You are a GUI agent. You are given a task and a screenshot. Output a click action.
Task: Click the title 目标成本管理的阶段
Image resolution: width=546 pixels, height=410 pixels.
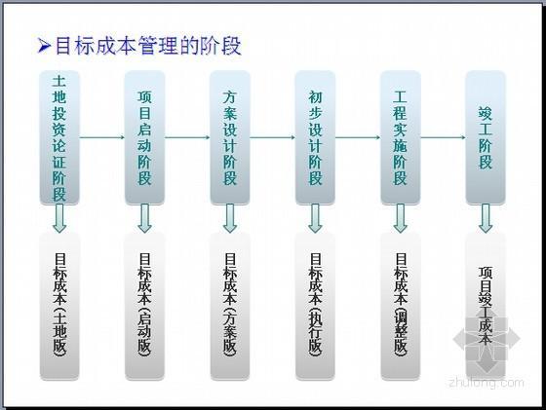tap(148, 46)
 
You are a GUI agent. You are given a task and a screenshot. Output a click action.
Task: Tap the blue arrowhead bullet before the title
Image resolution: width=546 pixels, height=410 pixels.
tap(44, 46)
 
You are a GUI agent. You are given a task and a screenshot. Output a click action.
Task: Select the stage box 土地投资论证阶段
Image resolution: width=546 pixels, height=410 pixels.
tap(59, 137)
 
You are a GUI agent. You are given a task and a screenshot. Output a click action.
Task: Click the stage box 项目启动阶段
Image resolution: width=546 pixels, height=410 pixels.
tap(144, 137)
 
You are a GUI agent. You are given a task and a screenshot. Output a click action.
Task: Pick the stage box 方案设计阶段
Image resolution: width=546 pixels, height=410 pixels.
tap(230, 137)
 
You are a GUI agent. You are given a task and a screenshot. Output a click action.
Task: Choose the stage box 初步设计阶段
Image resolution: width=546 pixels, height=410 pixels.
tap(315, 137)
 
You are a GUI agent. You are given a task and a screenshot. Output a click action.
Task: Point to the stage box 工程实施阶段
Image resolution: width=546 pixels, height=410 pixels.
tap(401, 137)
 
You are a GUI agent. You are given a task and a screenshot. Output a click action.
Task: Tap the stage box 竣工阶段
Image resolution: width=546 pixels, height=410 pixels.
tap(486, 137)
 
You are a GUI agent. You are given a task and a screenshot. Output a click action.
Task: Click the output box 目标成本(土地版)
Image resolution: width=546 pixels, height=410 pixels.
tap(59, 306)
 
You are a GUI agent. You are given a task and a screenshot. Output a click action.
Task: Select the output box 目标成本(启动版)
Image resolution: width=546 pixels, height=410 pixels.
tap(144, 306)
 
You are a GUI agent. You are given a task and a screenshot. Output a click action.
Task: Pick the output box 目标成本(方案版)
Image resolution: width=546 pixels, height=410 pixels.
tap(230, 306)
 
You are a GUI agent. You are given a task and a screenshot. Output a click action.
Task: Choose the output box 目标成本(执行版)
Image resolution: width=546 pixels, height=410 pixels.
tap(315, 306)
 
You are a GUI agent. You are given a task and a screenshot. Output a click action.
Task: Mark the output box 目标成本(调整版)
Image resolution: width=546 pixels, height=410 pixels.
tap(401, 306)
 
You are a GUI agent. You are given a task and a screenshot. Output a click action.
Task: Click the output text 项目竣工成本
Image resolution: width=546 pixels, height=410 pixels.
tap(486, 306)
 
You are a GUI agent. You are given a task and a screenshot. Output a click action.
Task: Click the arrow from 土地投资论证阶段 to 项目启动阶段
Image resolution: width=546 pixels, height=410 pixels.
tap(102, 137)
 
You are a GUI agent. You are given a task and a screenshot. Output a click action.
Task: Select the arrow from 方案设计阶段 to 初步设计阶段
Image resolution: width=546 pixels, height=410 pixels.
tap(273, 137)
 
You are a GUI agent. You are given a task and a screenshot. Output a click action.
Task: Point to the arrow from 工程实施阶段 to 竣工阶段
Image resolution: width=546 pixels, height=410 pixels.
tap(443, 137)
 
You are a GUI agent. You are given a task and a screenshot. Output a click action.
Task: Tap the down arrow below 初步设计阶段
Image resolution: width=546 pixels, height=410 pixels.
tap(315, 218)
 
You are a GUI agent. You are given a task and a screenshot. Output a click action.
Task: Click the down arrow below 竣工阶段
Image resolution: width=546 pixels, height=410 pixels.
tap(486, 218)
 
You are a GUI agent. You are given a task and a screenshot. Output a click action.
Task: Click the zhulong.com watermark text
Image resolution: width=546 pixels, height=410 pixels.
tap(487, 383)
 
